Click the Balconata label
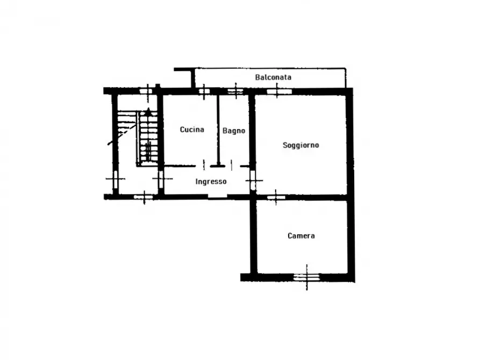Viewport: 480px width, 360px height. point(273,77)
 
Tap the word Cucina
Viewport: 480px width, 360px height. point(192,129)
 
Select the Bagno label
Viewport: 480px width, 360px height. point(234,131)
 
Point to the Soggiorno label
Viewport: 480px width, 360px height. point(300,145)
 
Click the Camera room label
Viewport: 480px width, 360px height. point(301,236)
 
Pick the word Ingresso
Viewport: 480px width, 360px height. point(211,182)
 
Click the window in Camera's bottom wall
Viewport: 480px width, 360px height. point(306,277)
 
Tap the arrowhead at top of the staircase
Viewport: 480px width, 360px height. point(148,112)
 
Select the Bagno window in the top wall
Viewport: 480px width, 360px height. point(235,91)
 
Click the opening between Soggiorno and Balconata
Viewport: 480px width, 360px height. point(279,91)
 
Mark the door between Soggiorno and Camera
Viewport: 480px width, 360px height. point(276,197)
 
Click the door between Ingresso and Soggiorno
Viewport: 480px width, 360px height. point(253,180)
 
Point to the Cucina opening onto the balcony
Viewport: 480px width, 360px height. point(204,91)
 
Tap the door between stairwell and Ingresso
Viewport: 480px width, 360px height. point(161,179)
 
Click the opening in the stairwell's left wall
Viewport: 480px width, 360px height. point(116,179)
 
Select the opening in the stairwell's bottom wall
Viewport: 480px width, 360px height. point(144,197)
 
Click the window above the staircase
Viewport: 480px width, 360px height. point(146,91)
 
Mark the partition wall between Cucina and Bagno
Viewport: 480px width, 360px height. point(218,130)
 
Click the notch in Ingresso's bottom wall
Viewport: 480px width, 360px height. point(217,197)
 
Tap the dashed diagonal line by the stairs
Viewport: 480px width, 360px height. point(122,134)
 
